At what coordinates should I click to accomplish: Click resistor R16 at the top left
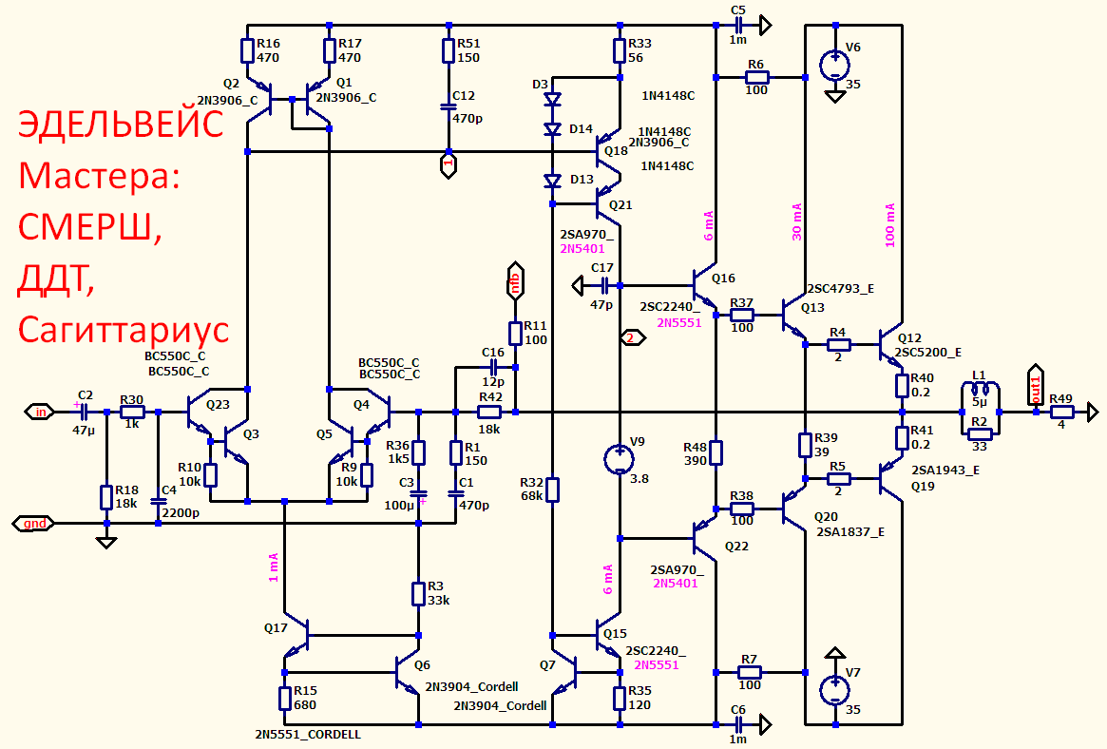pos(247,50)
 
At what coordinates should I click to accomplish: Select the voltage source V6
pos(834,65)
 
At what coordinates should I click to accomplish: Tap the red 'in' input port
pos(40,412)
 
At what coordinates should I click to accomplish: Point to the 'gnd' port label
pos(33,523)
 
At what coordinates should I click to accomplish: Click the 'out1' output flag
pos(1035,387)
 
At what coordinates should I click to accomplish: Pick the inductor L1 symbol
pos(980,389)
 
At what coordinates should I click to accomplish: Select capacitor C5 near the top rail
pos(737,26)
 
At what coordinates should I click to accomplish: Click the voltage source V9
pos(620,459)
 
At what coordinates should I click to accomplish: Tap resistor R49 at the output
pos(1060,413)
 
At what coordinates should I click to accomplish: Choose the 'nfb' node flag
pos(515,281)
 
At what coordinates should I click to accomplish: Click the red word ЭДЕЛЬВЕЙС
pos(121,125)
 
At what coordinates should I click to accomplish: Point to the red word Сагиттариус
pos(124,329)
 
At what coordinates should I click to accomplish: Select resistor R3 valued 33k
pos(419,593)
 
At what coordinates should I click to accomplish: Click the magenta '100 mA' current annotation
pos(889,225)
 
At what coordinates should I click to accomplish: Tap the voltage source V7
pos(834,690)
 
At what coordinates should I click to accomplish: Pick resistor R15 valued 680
pos(284,699)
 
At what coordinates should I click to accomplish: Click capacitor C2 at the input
pos(84,412)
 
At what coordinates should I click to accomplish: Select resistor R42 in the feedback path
pos(489,413)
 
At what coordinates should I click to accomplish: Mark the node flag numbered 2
pos(631,338)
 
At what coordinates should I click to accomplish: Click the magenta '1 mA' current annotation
pos(274,567)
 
